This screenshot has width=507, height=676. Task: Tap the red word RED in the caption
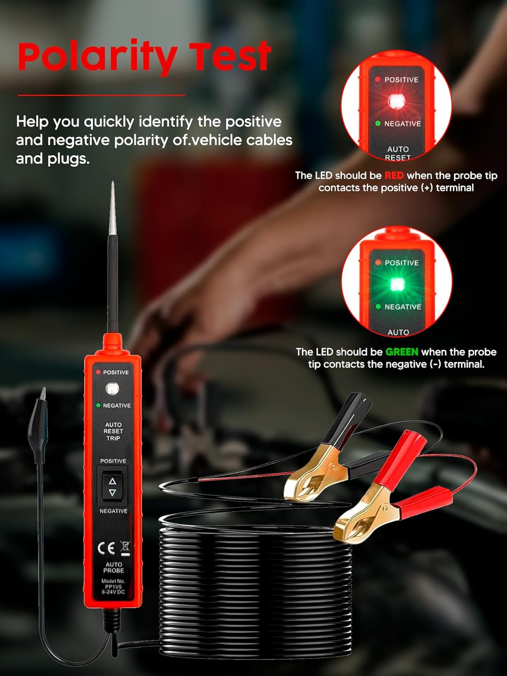[x=394, y=175]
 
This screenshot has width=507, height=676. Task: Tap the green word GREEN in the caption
[x=402, y=352]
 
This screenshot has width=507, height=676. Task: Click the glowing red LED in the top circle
[x=397, y=101]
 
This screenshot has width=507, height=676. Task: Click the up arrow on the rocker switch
[x=113, y=481]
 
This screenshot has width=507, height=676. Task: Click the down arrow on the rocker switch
[x=113, y=493]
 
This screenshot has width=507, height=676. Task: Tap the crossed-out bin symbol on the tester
[x=125, y=548]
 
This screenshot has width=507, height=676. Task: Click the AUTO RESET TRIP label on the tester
[x=113, y=431]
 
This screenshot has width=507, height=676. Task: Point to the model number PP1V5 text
[x=113, y=587]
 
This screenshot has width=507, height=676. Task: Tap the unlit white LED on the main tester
[x=112, y=388]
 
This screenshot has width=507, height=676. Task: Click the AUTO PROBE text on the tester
[x=113, y=567]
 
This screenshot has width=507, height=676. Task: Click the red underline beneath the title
[x=101, y=95]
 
